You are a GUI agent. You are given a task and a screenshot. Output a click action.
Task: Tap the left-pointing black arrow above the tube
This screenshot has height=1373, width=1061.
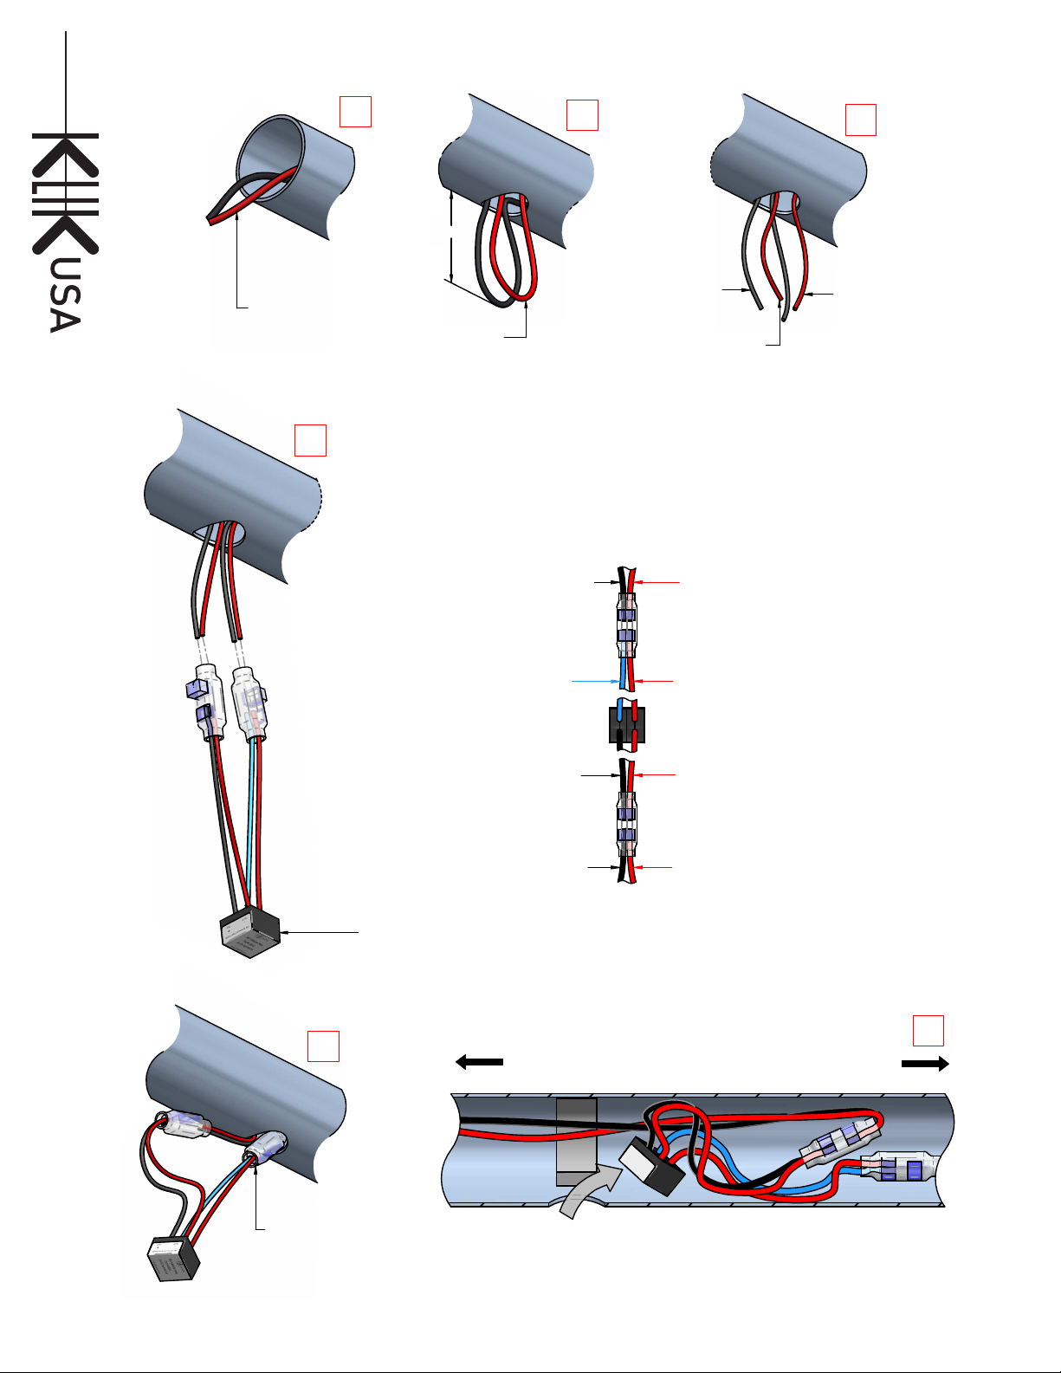tap(479, 1062)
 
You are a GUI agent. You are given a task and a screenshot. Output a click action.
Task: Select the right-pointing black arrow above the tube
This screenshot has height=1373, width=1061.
tap(925, 1064)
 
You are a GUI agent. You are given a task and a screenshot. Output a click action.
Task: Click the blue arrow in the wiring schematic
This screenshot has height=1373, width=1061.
tap(596, 681)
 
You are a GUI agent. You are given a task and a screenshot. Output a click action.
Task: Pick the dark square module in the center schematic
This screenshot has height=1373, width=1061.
tap(626, 725)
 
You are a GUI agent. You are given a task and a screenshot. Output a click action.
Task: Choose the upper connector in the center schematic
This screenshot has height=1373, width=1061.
tap(626, 625)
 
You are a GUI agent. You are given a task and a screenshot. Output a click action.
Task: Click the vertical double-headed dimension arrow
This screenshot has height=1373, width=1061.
tap(451, 236)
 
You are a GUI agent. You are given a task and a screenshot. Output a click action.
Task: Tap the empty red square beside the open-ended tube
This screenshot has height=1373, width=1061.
tap(356, 112)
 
